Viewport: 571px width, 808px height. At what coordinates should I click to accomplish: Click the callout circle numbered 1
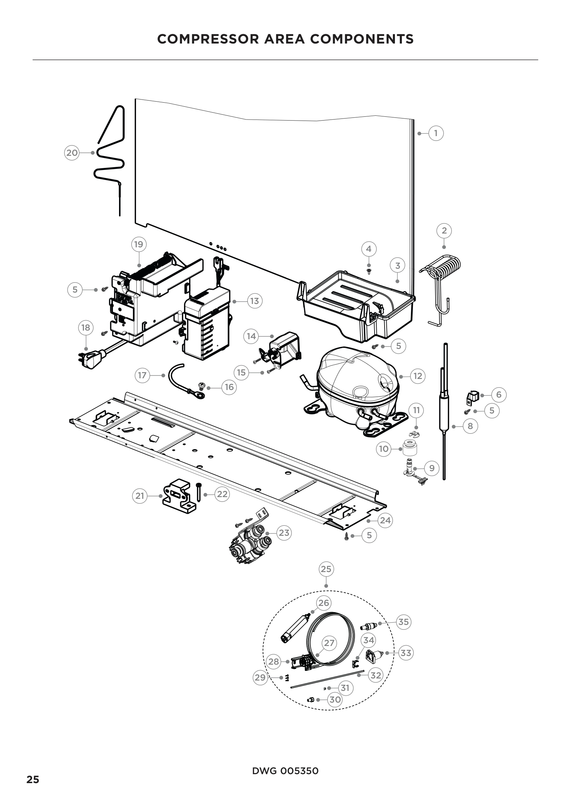point(436,133)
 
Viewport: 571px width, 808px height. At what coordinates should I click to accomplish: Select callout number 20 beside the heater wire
point(72,153)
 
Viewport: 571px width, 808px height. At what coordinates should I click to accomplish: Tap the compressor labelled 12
point(357,383)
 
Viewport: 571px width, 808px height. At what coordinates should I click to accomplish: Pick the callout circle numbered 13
point(254,301)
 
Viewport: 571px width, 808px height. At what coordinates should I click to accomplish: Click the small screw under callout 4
point(369,271)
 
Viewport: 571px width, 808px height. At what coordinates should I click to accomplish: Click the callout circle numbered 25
point(326,569)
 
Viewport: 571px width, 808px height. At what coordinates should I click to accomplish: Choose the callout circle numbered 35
point(403,622)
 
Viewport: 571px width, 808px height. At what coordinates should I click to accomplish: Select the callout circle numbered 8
point(470,426)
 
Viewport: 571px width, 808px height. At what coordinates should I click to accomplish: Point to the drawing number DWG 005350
point(285,771)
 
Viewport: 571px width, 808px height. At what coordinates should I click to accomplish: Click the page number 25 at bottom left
point(33,779)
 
